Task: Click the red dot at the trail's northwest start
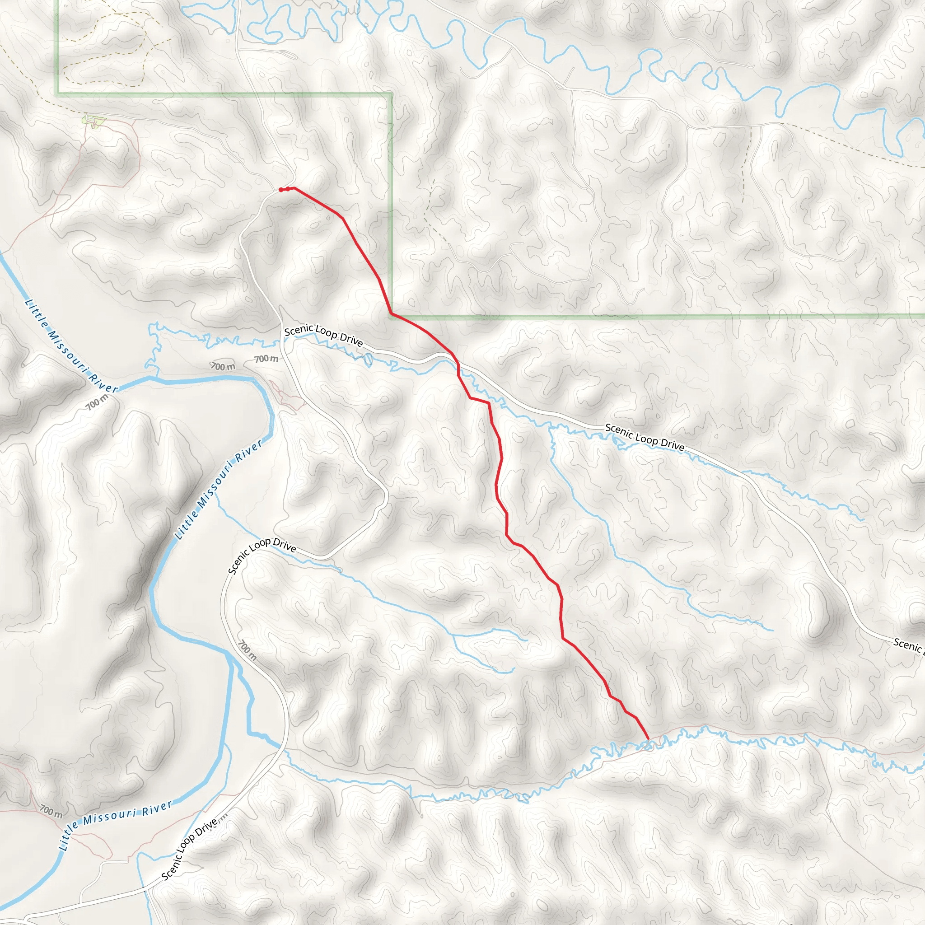(281, 190)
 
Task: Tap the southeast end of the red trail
(648, 739)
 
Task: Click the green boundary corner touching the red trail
(392, 314)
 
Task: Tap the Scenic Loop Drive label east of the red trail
(645, 437)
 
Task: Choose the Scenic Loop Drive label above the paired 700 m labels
(323, 335)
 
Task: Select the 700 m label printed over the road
(247, 650)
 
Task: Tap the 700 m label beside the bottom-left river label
(51, 811)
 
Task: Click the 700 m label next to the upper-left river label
(97, 402)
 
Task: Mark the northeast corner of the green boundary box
(392, 94)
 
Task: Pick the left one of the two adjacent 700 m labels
(223, 366)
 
